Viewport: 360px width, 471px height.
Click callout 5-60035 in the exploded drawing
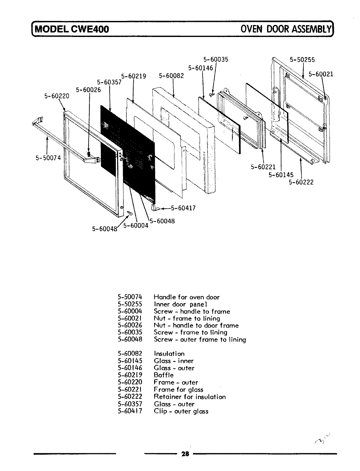point(216,60)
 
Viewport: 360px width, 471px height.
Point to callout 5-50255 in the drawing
point(302,60)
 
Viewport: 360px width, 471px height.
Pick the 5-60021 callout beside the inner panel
point(321,74)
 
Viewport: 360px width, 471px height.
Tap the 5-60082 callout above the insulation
point(171,76)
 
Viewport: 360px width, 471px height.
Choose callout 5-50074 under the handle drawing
point(48,158)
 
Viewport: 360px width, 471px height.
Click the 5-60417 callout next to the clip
point(183,208)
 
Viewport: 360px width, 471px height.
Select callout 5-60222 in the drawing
point(301,182)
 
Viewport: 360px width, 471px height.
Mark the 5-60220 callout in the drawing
point(57,96)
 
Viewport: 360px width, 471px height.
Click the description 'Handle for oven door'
point(187,297)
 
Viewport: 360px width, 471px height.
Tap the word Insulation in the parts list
point(169,354)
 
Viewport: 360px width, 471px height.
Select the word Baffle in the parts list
point(164,375)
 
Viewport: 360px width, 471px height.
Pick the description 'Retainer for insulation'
point(190,397)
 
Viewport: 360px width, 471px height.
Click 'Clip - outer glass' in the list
point(181,411)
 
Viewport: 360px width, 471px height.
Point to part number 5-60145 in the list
point(130,361)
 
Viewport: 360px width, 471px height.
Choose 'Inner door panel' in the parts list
point(181,304)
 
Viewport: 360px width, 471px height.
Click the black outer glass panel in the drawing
point(131,141)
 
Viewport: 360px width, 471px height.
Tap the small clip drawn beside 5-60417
point(155,208)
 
